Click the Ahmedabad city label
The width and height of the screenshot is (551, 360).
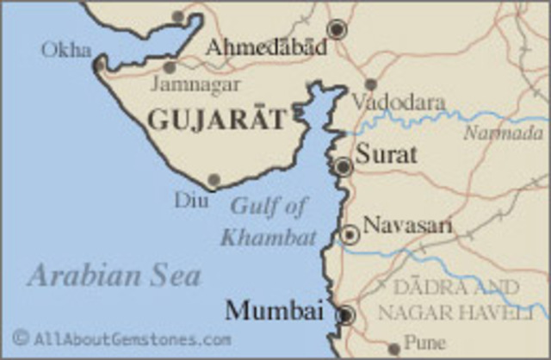point(266,47)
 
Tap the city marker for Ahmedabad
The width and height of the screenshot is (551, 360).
point(337,29)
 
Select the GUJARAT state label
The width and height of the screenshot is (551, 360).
point(215,120)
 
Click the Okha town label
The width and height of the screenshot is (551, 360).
point(65,50)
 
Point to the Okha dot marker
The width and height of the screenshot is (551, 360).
point(101,64)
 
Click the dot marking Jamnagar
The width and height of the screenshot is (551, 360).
point(170,67)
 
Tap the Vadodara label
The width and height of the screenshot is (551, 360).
point(399,102)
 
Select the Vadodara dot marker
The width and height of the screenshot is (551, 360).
point(370,84)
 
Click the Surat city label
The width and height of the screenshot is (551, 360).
point(386,155)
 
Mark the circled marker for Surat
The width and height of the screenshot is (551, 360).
point(344,166)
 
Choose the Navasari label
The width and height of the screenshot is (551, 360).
point(407,226)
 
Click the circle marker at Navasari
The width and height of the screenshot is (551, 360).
point(350,234)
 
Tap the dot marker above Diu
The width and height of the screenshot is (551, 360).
point(214,180)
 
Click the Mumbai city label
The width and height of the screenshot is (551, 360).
point(274,311)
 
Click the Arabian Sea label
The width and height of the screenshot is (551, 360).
point(114,276)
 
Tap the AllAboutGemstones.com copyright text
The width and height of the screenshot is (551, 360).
point(121,338)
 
